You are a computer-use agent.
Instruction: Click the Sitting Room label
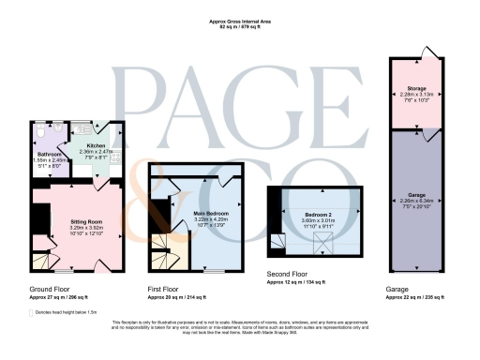coord(85,221)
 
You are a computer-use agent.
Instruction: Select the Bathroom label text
coord(49,154)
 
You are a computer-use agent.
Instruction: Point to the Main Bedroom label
coord(211,214)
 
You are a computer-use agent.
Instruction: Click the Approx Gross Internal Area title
coord(239,22)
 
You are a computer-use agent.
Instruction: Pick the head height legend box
coord(32,310)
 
